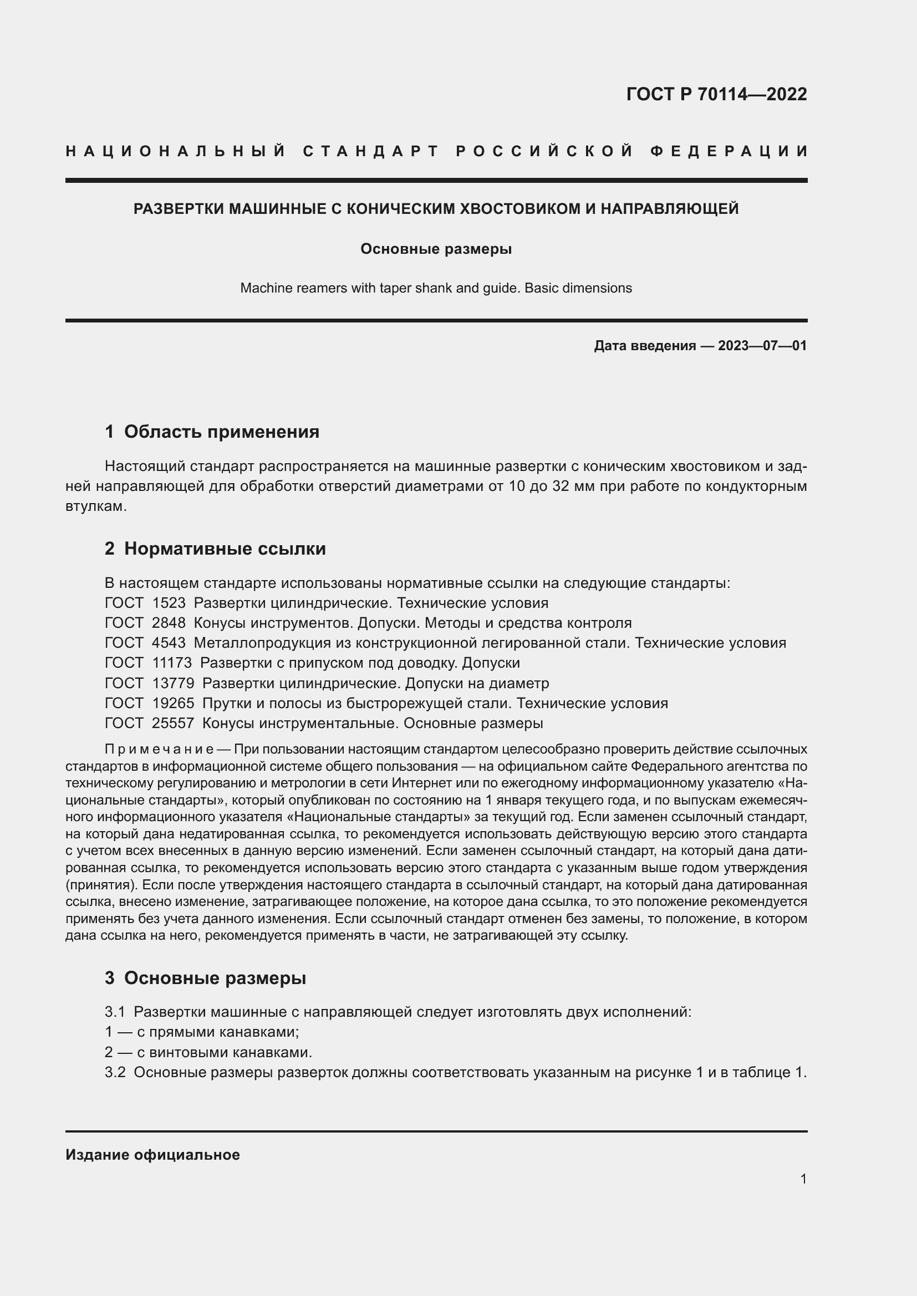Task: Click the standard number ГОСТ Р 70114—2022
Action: coord(716,94)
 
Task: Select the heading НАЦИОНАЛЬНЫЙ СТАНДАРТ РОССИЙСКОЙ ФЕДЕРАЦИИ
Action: coord(436,151)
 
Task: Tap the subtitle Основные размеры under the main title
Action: coord(436,249)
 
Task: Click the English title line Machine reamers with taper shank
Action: coord(436,288)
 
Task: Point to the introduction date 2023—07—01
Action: coord(762,345)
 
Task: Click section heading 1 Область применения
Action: coord(212,432)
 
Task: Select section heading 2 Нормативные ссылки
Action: coord(215,549)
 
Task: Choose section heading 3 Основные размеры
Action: coord(206,977)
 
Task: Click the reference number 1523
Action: coord(169,603)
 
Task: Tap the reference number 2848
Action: coord(169,623)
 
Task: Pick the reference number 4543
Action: coord(169,643)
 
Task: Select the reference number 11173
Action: coord(172,663)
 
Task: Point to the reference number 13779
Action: coord(174,683)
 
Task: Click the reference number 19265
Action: coord(174,703)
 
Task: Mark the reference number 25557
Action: coord(174,723)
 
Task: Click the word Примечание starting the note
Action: coord(159,749)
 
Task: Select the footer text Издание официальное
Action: coord(152,1154)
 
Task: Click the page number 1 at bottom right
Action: coord(803,1179)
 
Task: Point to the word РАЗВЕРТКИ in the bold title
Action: coord(179,209)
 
